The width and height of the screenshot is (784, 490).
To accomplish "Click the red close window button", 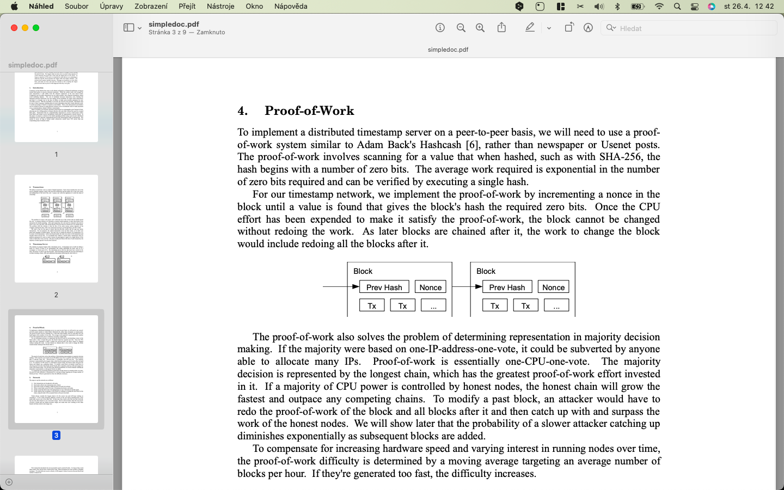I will click(x=14, y=28).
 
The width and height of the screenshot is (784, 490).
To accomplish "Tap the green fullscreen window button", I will click(x=36, y=28).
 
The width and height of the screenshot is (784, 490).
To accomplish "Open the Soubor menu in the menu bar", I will click(x=76, y=7).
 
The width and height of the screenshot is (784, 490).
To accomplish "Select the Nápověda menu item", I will click(x=291, y=7).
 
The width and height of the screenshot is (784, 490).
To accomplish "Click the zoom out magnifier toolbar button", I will click(x=461, y=28).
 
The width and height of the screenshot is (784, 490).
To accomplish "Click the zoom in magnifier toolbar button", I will click(x=480, y=28).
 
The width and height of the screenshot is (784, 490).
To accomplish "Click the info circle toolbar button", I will click(x=440, y=28).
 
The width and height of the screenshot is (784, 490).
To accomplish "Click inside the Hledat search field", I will click(x=691, y=28).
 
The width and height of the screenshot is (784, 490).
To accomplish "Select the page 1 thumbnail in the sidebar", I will click(x=56, y=107).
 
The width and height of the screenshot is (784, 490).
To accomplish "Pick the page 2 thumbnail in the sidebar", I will click(x=56, y=229).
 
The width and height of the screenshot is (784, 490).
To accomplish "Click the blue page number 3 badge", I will click(x=56, y=436).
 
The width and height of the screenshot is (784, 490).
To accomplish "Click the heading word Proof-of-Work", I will click(x=309, y=111).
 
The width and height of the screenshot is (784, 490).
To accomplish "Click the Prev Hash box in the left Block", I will click(x=384, y=287).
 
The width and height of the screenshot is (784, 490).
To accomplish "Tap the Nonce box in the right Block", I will click(x=553, y=287).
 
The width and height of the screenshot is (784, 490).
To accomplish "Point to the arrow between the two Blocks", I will click(x=467, y=287).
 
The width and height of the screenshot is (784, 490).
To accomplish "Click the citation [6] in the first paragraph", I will click(x=471, y=145).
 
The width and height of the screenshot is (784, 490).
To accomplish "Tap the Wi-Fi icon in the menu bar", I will click(x=659, y=7).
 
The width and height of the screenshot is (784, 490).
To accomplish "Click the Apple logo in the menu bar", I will click(x=14, y=7).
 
